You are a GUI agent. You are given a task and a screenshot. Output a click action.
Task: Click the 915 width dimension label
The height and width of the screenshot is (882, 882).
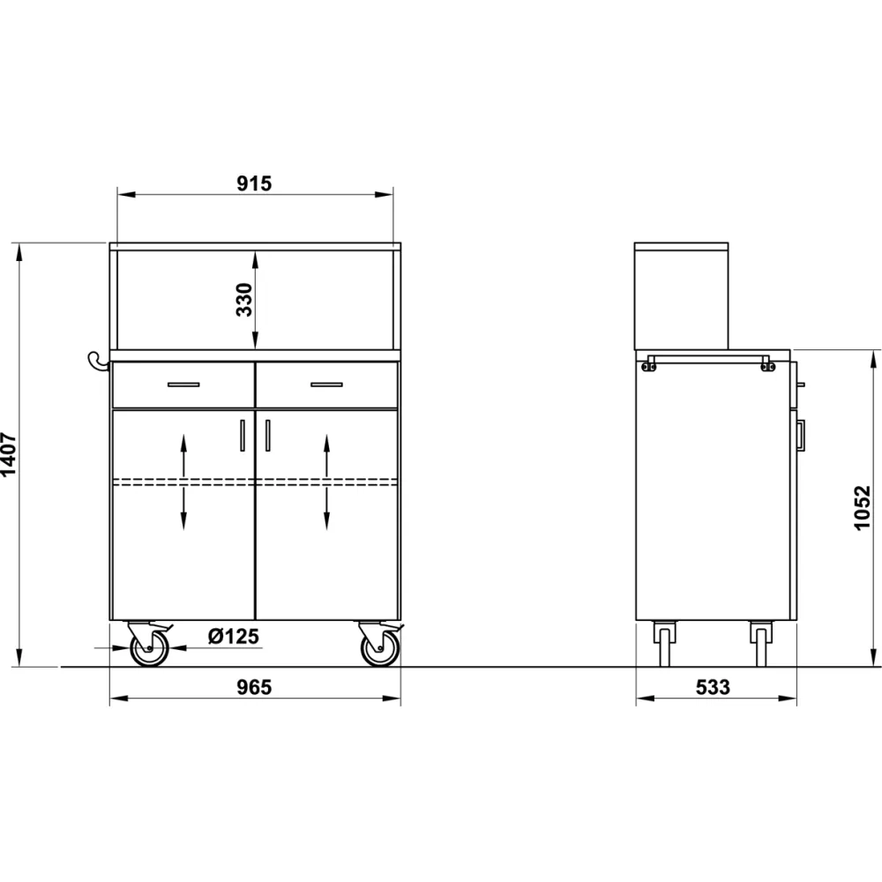pos(254,183)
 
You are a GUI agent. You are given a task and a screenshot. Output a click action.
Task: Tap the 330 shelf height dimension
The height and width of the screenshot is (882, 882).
pos(244,300)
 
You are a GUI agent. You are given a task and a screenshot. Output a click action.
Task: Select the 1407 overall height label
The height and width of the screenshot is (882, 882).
pos(9,454)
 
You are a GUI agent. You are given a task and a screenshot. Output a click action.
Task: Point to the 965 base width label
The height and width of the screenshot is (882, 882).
pos(254,687)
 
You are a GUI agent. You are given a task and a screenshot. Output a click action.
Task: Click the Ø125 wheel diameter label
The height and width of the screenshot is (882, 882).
pos(234,636)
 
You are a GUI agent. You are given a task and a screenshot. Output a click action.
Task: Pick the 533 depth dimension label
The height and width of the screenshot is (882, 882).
pos(713,687)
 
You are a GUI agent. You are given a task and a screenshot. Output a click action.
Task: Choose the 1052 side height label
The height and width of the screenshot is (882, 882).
pos(863,508)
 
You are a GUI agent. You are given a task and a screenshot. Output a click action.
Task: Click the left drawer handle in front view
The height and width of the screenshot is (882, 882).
pos(183,385)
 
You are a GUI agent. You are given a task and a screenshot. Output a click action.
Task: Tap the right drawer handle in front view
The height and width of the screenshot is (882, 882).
pos(327,385)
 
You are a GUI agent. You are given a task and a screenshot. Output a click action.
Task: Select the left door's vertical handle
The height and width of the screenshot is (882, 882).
pos(243,436)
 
